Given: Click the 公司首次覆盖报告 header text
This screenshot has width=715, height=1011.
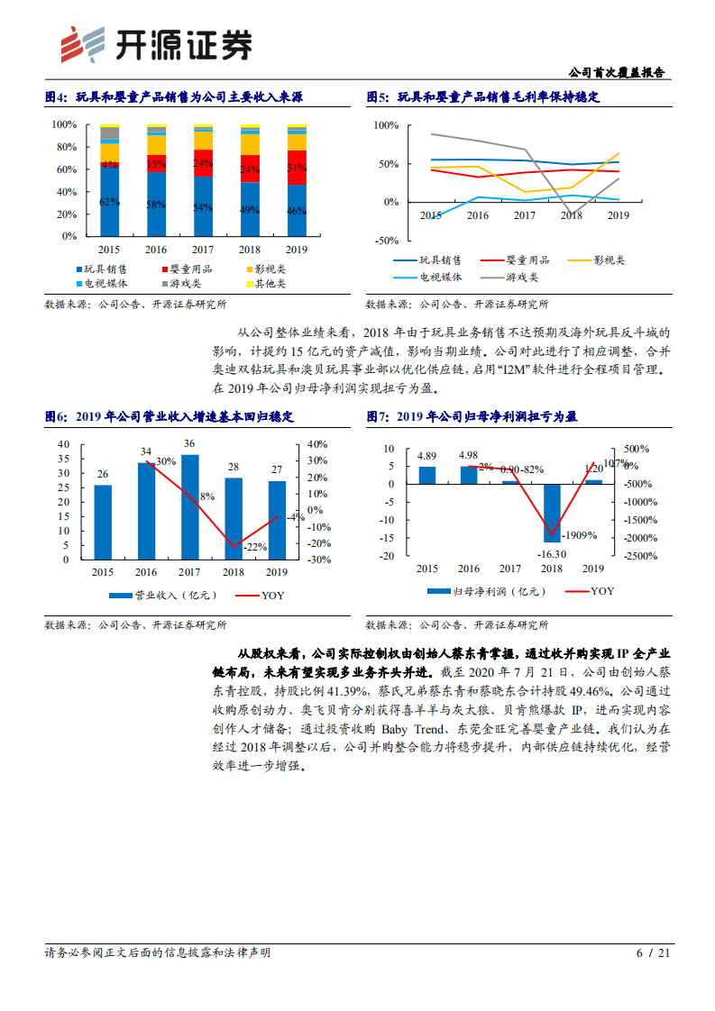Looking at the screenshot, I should (621, 72).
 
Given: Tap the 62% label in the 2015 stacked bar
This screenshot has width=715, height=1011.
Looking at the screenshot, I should (109, 202).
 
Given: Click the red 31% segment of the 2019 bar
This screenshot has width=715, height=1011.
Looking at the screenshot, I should (296, 168).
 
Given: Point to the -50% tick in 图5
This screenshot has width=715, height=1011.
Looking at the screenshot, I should (386, 241).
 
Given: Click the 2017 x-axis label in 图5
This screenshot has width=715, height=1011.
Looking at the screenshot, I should (525, 216).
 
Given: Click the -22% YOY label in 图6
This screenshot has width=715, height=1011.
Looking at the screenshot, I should (255, 547).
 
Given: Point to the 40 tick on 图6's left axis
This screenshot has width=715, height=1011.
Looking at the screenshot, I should (63, 444).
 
